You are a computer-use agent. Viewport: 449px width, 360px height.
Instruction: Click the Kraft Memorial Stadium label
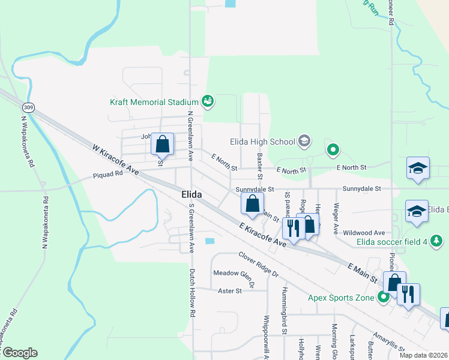pos(154,101)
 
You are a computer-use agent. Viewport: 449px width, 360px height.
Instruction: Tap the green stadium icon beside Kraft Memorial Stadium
pos(207,101)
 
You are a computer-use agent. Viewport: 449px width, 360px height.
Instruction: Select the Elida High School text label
pos(262,142)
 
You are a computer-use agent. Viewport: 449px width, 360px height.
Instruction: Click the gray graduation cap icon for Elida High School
pos(304,141)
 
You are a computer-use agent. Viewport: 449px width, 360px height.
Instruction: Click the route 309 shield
pos(28,107)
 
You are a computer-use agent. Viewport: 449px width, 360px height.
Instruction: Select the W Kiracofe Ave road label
pos(116,159)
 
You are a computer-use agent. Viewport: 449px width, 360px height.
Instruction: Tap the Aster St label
pos(229,291)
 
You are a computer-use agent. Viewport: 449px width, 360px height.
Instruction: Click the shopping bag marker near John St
pos(162,144)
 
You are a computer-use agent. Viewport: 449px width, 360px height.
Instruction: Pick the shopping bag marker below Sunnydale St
pos(253,203)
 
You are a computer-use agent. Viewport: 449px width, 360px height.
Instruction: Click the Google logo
pos(19,353)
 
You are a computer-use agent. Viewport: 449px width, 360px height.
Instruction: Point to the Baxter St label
pos(260,166)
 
